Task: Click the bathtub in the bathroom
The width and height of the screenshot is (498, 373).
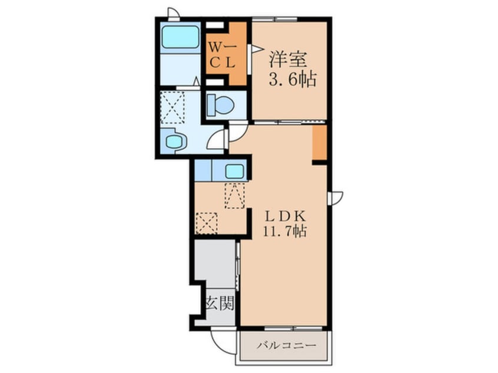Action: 180,38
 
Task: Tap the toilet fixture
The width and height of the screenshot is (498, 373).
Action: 220,105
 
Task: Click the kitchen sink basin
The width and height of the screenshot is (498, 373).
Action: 235,172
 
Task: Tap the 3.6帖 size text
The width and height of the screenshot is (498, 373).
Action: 293,79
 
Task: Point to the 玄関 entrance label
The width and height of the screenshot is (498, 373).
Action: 220,303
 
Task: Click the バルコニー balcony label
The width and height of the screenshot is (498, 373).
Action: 287,345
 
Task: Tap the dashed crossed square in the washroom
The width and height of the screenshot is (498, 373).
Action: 172,108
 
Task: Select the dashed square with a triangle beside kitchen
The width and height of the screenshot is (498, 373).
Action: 235,195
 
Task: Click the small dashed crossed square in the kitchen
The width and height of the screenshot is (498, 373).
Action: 207,223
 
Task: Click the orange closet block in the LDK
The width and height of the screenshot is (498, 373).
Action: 320,143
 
